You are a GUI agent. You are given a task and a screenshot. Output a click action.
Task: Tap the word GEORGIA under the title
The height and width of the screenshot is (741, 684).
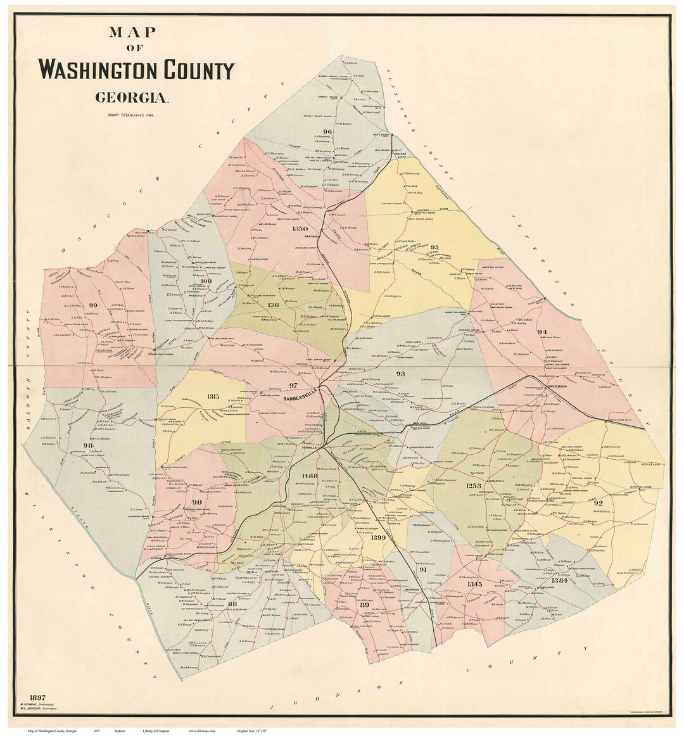[x=132, y=98]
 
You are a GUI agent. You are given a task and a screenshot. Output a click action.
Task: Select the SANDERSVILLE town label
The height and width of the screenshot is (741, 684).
[x=302, y=400]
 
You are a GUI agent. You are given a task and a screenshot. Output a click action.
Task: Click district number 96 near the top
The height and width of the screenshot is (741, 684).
[x=327, y=132]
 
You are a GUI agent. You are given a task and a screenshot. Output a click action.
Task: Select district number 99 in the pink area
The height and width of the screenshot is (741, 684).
[x=94, y=305]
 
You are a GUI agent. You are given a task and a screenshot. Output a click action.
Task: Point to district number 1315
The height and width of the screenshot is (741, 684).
[x=213, y=396]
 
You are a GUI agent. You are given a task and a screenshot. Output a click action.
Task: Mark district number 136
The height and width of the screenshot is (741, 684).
[x=274, y=305]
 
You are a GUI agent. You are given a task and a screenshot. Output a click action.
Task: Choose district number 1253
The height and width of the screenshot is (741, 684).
[x=473, y=485]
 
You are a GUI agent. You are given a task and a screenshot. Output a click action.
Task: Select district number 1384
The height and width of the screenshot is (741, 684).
[x=559, y=580]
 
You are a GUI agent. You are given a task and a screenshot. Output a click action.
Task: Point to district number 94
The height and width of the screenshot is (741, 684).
[x=541, y=331]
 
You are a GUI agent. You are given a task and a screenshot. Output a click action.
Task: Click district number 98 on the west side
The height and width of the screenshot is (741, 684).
[x=87, y=446]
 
